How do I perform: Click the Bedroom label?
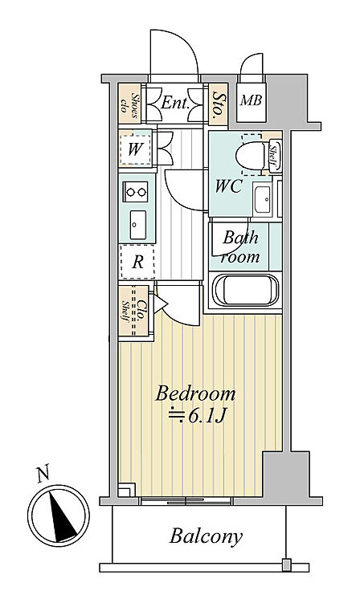click(x=195, y=394)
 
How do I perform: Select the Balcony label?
click(x=206, y=536)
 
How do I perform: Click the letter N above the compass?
click(x=43, y=474)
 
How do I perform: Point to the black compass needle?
click(x=62, y=516)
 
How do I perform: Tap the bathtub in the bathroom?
click(x=247, y=290)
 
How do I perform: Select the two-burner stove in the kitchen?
click(x=136, y=192)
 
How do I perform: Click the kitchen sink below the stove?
click(x=138, y=225)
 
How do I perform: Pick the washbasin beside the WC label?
click(x=263, y=199)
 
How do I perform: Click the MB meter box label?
click(x=251, y=100)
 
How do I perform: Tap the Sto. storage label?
click(x=219, y=104)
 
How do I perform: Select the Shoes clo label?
click(x=129, y=103)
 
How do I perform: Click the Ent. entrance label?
click(x=175, y=103)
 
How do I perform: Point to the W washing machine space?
click(x=135, y=149)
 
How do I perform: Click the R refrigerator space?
click(x=137, y=262)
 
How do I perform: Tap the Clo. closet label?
click(x=141, y=311)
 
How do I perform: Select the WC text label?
click(x=228, y=186)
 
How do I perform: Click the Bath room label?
click(x=240, y=246)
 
